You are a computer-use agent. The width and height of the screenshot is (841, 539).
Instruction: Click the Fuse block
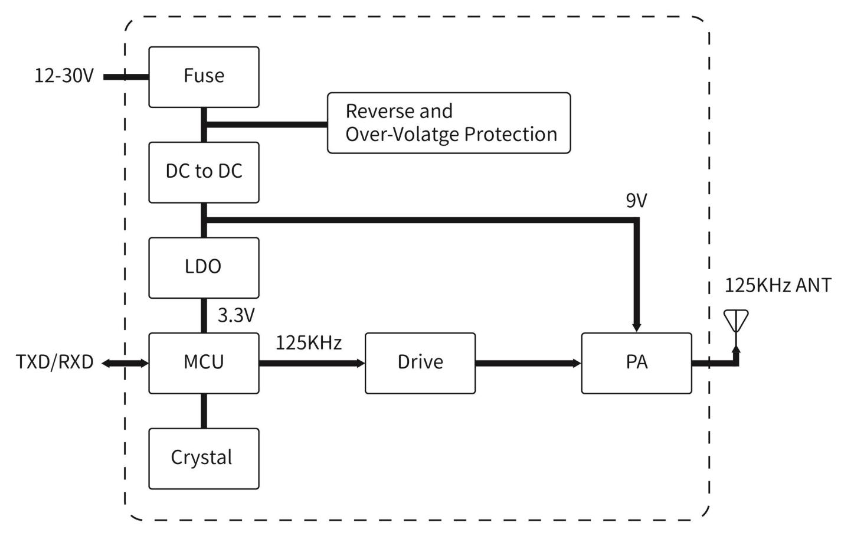[x=204, y=77]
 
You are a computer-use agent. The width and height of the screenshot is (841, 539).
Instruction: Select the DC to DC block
[x=204, y=172]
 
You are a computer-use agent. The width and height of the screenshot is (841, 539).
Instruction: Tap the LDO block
[x=204, y=267]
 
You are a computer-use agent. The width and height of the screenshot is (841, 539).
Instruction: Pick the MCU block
[x=204, y=362]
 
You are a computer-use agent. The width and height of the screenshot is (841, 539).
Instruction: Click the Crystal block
[x=204, y=458]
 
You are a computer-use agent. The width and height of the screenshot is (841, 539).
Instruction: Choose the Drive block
[x=420, y=362]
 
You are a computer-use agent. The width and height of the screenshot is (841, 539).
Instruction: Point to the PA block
[x=636, y=362]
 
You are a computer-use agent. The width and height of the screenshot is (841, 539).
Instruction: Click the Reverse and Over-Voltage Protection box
[x=449, y=123]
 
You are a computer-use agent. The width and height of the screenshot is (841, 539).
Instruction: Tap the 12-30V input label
[x=64, y=76]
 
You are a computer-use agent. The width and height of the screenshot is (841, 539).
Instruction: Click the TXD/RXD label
[x=54, y=362]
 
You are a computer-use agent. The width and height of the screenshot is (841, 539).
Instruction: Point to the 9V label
[x=636, y=201]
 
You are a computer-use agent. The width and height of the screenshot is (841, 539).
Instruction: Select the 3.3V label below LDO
[x=236, y=315]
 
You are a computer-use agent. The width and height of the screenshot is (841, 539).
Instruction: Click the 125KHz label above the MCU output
[x=309, y=343]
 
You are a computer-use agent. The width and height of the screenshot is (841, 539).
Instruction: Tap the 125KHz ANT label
[x=777, y=286]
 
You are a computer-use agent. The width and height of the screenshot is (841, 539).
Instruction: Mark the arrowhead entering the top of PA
[x=636, y=326]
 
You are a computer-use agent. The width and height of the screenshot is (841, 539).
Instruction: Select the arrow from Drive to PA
[x=528, y=363]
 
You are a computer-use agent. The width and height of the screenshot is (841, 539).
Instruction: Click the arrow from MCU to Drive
[x=312, y=363]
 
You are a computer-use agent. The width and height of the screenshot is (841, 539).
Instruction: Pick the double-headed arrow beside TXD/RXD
[x=125, y=363]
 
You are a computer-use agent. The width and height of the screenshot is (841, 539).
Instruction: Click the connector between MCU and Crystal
[x=204, y=411]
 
